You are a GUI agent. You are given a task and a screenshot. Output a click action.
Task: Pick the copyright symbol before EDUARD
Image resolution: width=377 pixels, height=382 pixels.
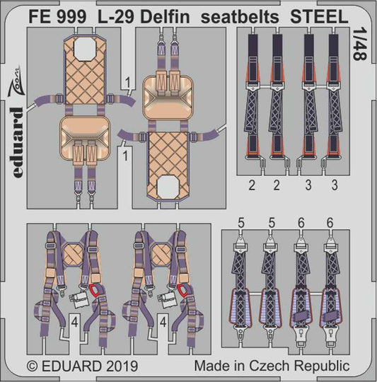33,366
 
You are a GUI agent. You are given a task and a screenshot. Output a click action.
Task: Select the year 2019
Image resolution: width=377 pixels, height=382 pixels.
122,366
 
